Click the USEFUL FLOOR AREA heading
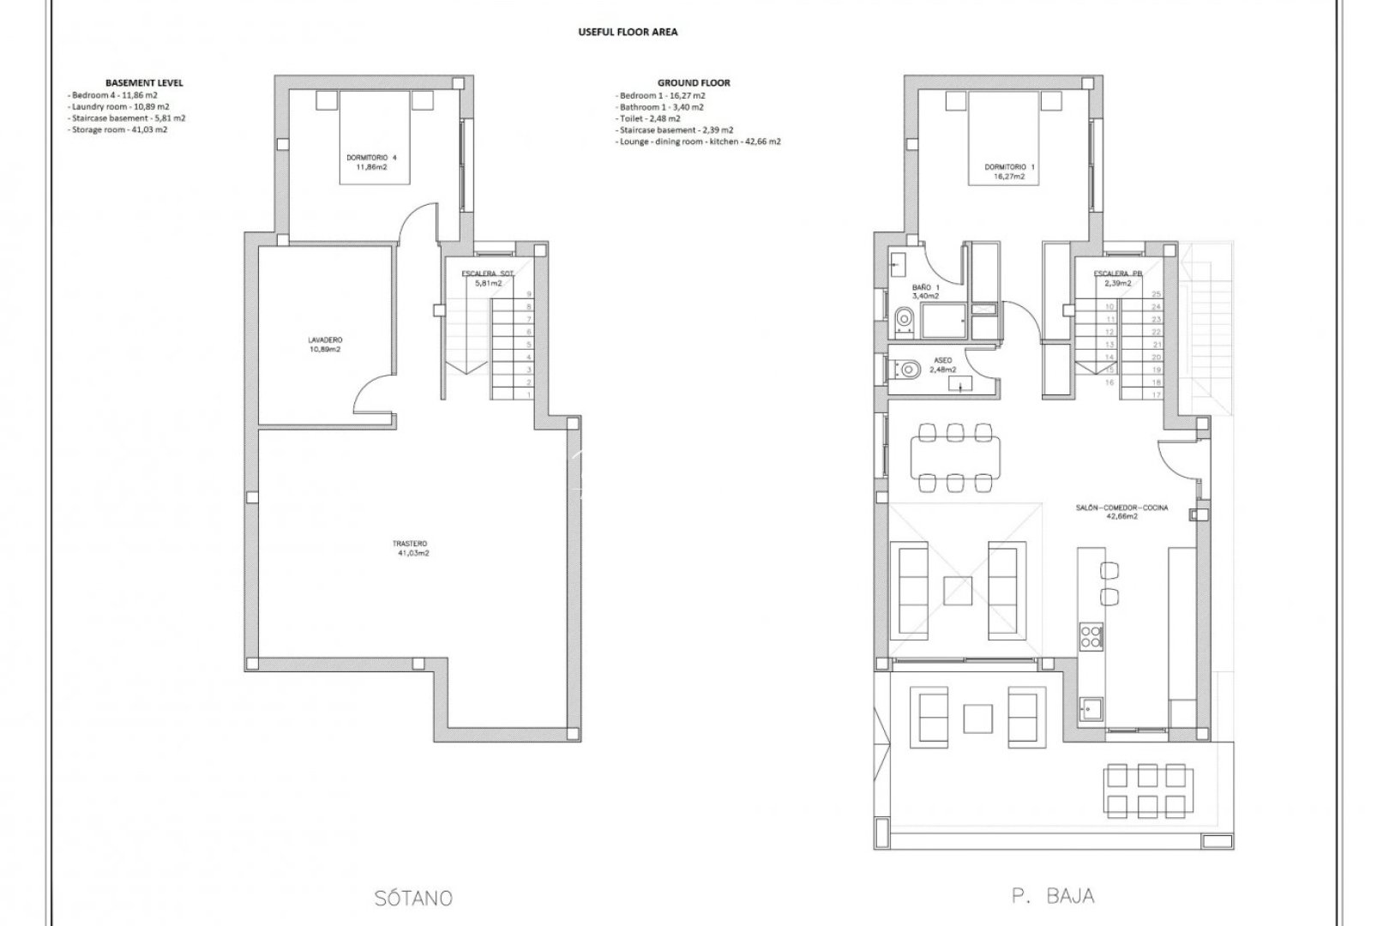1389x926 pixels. (627, 32)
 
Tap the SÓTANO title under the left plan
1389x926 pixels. (413, 898)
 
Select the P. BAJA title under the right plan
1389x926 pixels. (1052, 896)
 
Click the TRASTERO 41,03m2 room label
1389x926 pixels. (410, 548)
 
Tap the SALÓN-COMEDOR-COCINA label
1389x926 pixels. (1121, 512)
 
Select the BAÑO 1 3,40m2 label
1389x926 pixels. (925, 291)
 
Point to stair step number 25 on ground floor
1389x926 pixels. (1157, 293)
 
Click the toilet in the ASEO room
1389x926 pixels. (907, 370)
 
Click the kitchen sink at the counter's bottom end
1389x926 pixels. (1091, 708)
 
